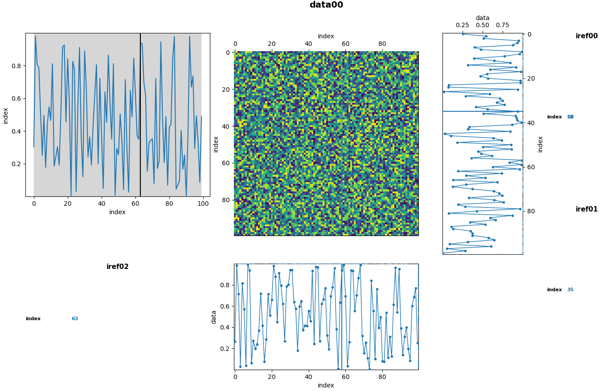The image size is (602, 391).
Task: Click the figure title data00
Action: pos(326,5)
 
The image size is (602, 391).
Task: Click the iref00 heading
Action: pos(586,36)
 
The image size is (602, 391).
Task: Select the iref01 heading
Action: pos(586,209)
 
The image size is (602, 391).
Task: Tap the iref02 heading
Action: pos(117,267)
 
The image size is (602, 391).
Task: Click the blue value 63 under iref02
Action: pos(75,319)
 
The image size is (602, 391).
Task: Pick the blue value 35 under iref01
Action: pos(570,290)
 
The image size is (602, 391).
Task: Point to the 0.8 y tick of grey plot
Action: pos(17,66)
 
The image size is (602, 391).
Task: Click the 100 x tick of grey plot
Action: pos(203,204)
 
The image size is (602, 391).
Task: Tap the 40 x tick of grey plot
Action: pos(101,204)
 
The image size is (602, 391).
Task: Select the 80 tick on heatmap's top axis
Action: pos(382,44)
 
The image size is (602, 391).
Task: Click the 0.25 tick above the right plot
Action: pos(462,25)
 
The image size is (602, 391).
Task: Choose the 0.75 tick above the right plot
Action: pos(503,25)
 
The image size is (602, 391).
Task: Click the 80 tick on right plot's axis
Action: pos(530,211)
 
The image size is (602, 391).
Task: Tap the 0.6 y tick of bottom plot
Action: pos(226,306)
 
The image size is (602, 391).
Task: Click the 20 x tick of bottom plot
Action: pos(271,377)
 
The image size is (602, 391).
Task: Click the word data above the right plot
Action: pos(482,18)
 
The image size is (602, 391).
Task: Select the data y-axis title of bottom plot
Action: pos(214,317)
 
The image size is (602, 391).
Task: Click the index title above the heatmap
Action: pos(326,36)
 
